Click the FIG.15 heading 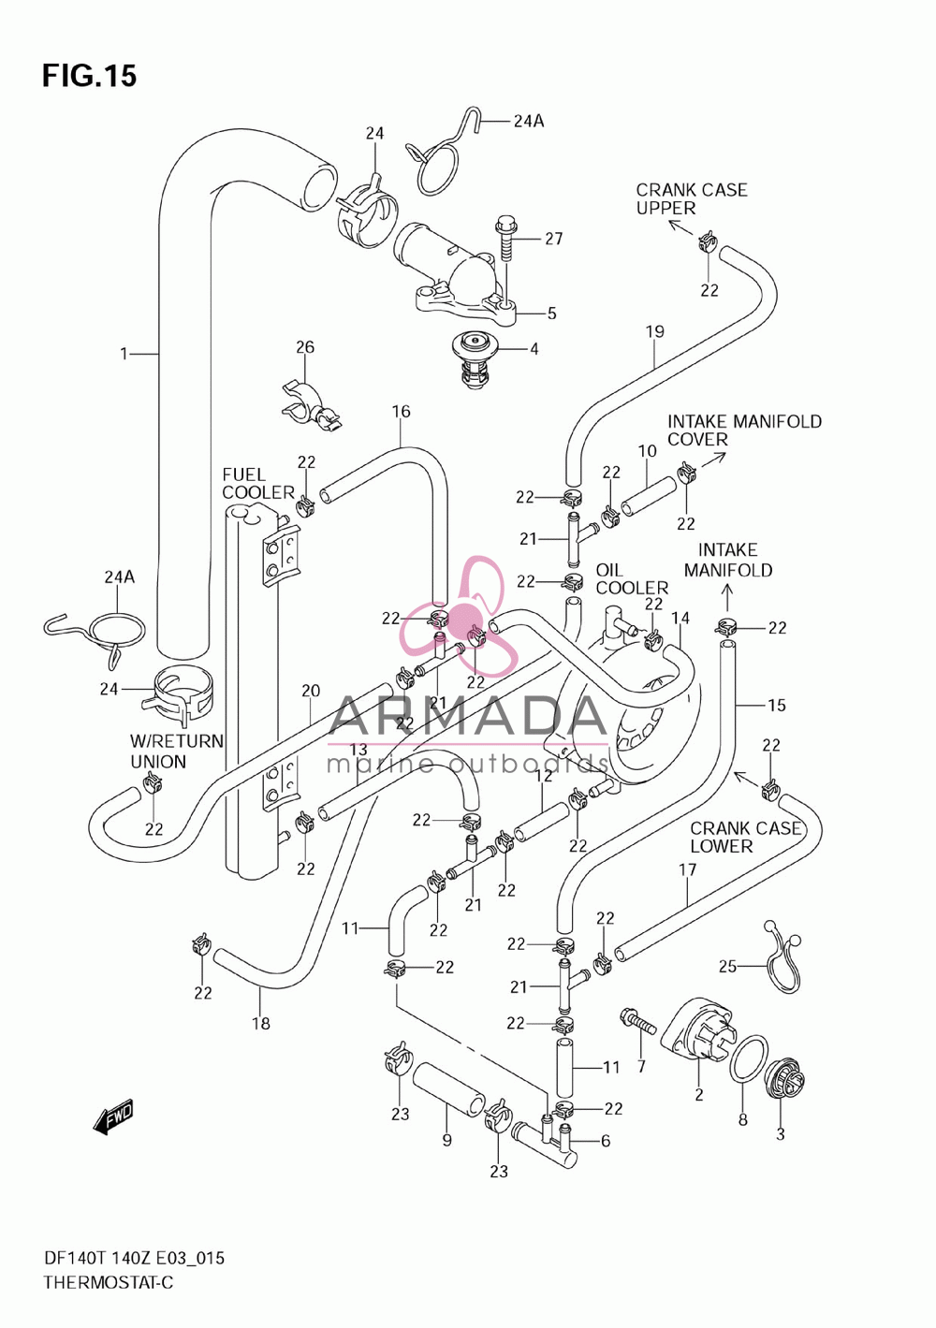point(89,76)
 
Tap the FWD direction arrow point(113,1116)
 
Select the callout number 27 point(554,239)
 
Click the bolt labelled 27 point(505,237)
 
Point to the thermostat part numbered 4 point(475,358)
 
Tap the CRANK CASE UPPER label point(691,198)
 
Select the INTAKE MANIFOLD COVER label point(744,430)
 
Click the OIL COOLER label point(631,578)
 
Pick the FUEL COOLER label point(257,483)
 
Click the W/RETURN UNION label point(177,751)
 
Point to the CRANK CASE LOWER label point(745,837)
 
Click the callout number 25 point(727,967)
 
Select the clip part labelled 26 point(311,407)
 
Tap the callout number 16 point(401,411)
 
